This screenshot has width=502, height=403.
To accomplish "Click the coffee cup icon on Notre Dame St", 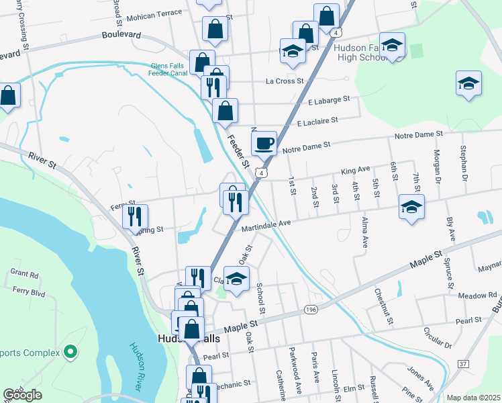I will click(x=264, y=142).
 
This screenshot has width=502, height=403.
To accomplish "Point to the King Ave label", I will click(x=356, y=171).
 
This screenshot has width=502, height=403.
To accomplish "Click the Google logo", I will click(x=22, y=395).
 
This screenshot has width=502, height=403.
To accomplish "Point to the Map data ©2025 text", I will click(x=473, y=398).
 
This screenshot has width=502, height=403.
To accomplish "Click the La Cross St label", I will click(x=285, y=81).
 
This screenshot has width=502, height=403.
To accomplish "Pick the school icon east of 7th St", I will click(x=411, y=207).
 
